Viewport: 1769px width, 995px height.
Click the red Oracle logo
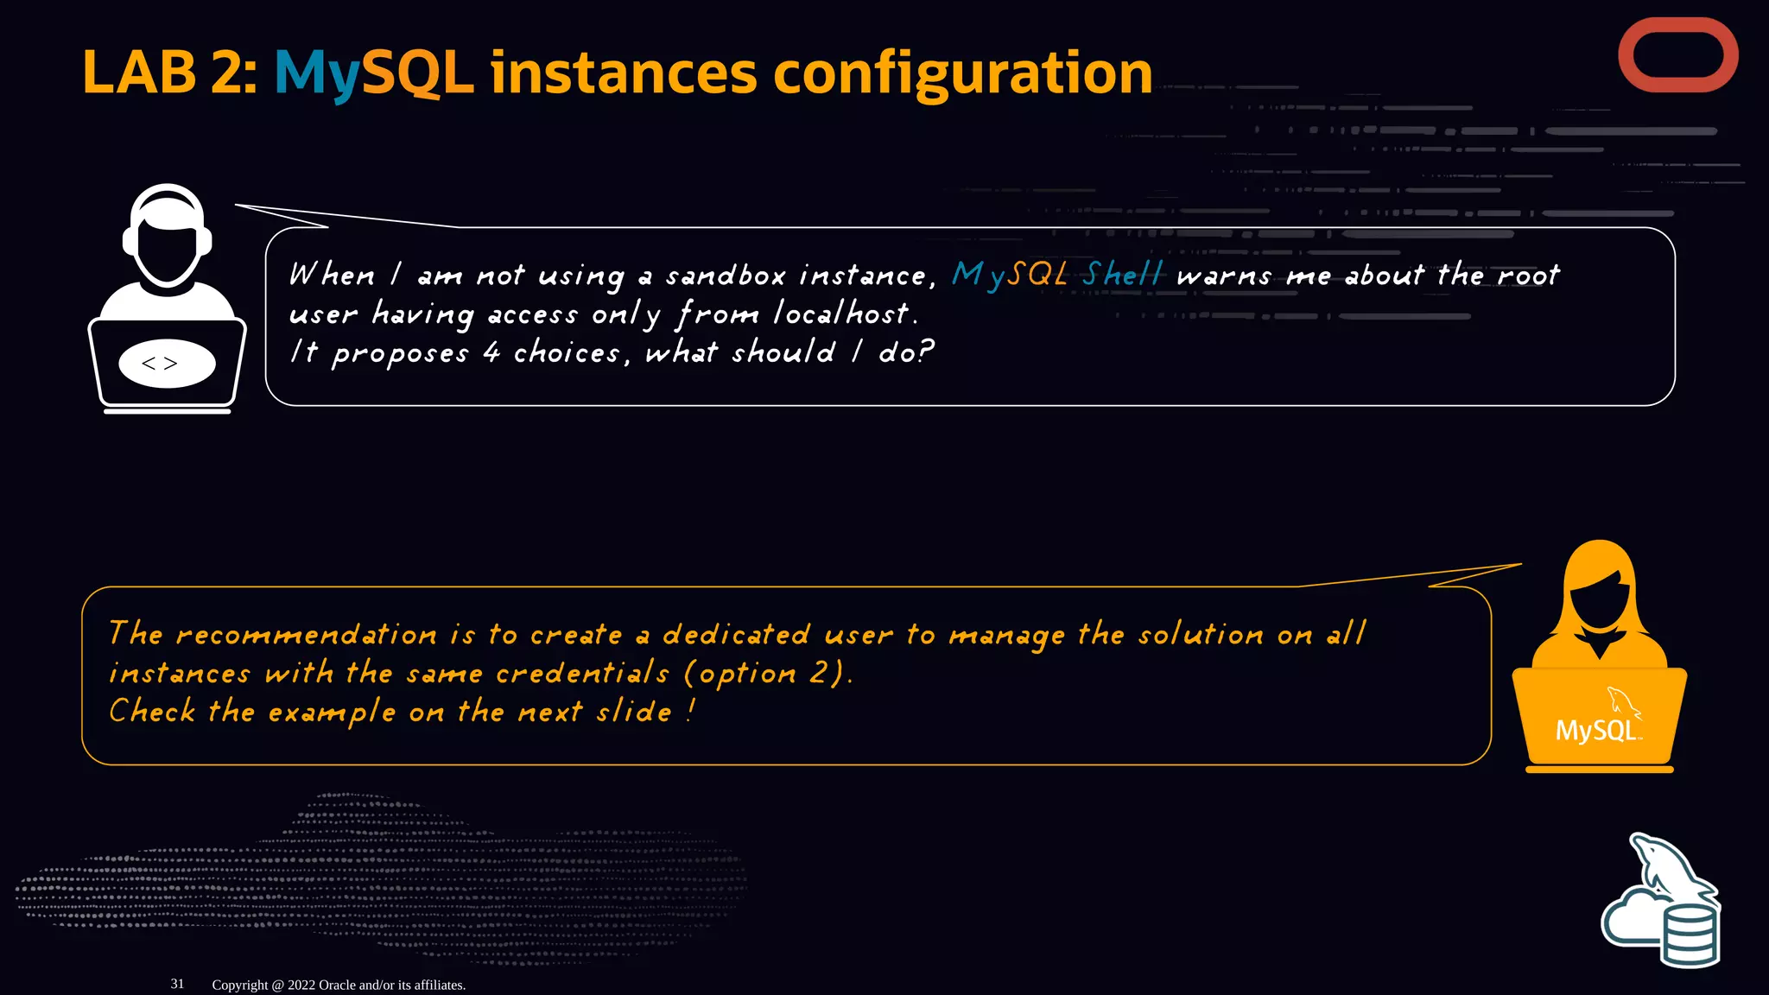click(1677, 55)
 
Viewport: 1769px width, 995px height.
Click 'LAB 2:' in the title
click(169, 73)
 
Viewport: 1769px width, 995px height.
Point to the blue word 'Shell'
click(1123, 275)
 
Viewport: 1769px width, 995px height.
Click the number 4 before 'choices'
click(491, 352)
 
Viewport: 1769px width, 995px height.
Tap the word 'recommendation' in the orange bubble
click(307, 635)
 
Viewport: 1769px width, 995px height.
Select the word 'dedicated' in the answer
click(736, 635)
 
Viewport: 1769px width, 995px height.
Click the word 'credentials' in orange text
click(582, 674)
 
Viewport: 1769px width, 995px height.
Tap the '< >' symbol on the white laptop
click(160, 364)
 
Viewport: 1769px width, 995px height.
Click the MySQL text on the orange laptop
click(1595, 731)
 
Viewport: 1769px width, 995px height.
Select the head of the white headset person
click(168, 242)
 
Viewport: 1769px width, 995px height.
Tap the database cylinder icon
click(1690, 935)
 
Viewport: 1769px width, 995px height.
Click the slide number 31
click(177, 984)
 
